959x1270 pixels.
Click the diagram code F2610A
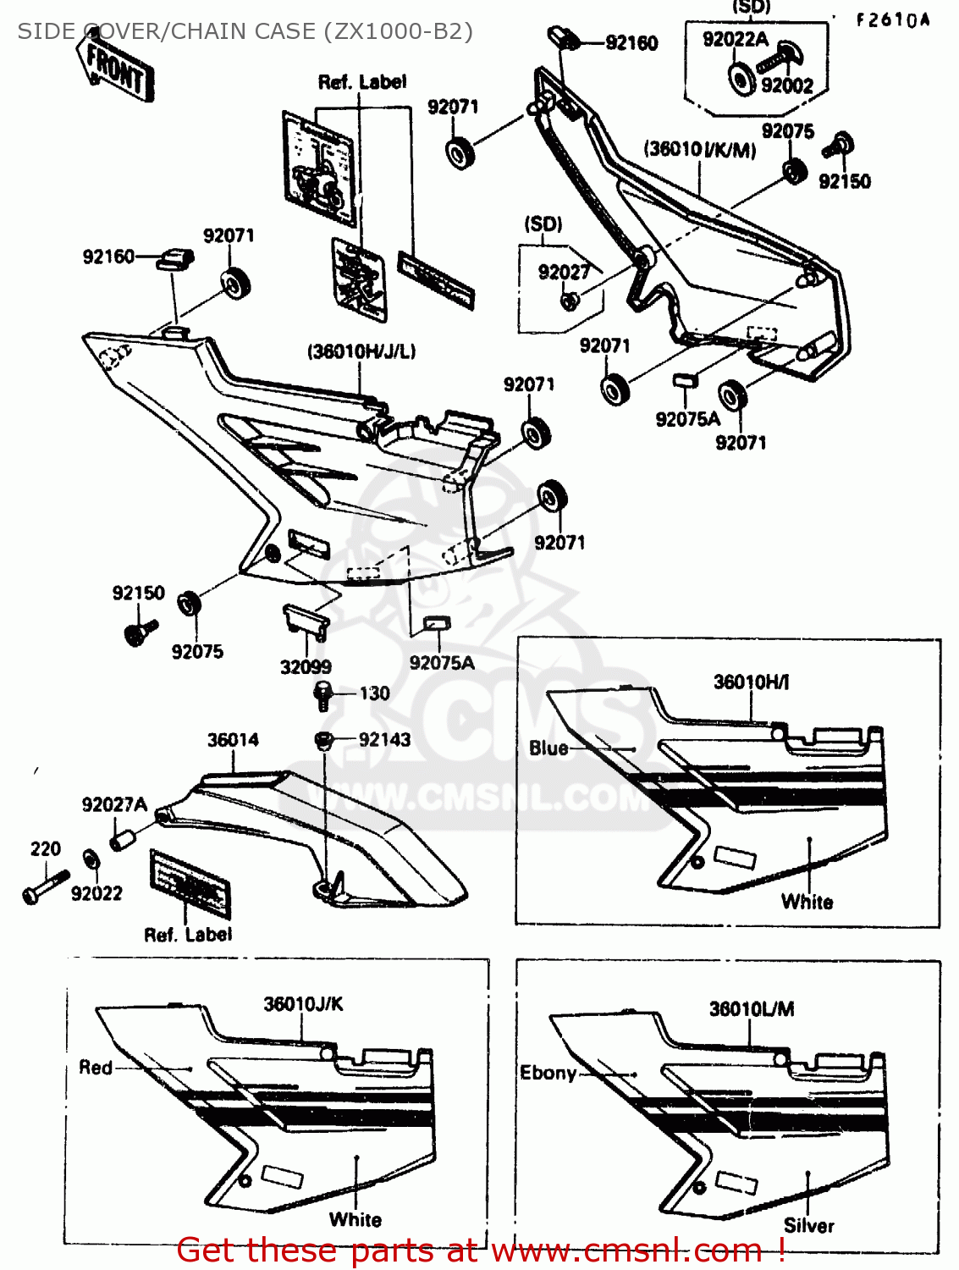point(892,20)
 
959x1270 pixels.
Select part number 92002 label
point(786,86)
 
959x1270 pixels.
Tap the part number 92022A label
point(735,39)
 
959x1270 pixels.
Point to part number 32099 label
point(306,667)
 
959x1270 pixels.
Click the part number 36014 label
point(233,740)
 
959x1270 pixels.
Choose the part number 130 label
point(374,693)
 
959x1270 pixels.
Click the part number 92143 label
point(384,739)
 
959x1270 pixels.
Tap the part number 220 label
point(46,849)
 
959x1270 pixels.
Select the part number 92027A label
point(114,804)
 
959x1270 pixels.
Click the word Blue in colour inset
point(548,748)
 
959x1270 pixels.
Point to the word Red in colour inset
point(96,1068)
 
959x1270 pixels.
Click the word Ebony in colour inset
point(548,1073)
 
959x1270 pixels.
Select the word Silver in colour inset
point(808,1225)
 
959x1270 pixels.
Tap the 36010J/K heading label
point(303,1004)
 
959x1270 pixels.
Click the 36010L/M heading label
point(752,1008)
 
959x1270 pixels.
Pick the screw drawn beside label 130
point(322,696)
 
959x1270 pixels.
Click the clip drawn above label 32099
point(306,622)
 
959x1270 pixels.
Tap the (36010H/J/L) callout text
point(361,351)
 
